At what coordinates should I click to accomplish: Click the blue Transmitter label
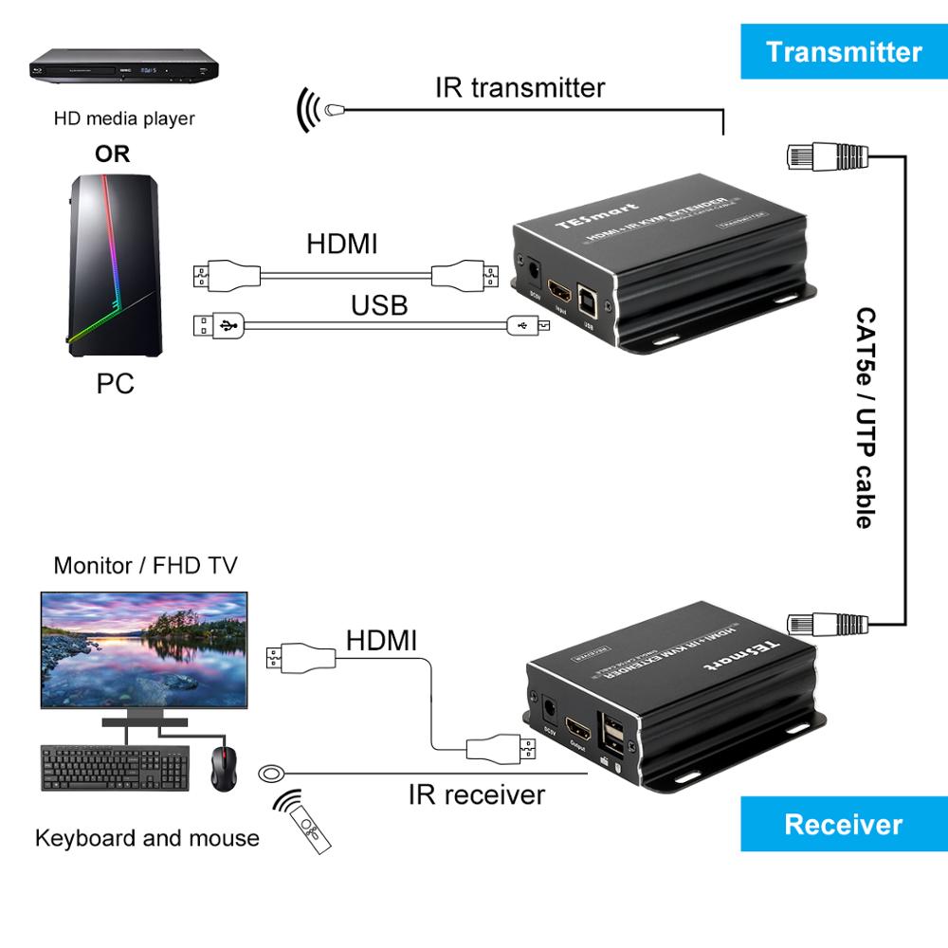[843, 51]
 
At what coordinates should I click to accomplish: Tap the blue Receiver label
[843, 823]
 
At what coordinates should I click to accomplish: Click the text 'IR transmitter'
[520, 88]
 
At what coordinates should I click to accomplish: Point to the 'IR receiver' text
[477, 793]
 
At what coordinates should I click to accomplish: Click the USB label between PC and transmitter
[379, 304]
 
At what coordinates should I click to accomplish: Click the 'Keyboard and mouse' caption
[147, 838]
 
